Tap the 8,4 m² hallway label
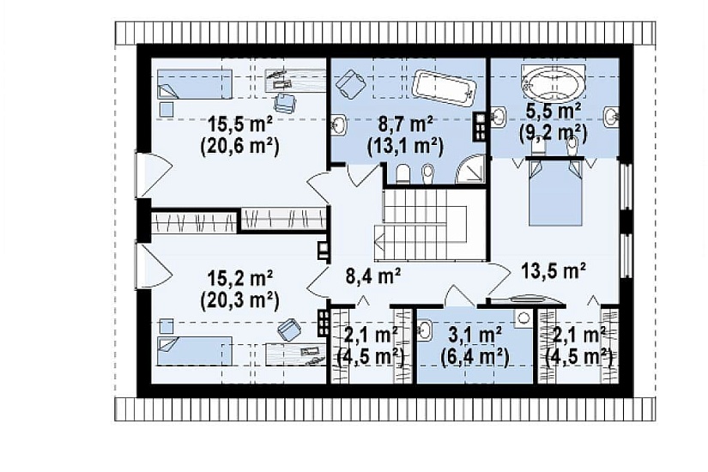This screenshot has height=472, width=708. (373, 275)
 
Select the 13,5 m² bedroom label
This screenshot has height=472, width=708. (554, 270)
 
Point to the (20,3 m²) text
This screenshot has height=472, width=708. (239, 300)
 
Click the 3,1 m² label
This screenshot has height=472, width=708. (475, 336)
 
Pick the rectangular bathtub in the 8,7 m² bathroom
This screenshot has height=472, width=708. (444, 88)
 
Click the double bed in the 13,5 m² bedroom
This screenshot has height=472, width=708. (555, 191)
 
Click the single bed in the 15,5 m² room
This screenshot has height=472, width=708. (194, 84)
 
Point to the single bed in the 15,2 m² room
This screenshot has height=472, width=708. (194, 350)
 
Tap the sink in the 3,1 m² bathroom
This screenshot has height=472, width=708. (425, 330)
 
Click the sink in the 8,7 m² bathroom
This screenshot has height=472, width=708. (339, 124)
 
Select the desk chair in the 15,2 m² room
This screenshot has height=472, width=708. (289, 330)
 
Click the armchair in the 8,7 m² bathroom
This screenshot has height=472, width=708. (350, 83)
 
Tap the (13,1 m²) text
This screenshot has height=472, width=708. (404, 146)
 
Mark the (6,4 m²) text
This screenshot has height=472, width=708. (475, 358)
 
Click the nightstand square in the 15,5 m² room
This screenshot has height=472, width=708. (166, 109)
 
